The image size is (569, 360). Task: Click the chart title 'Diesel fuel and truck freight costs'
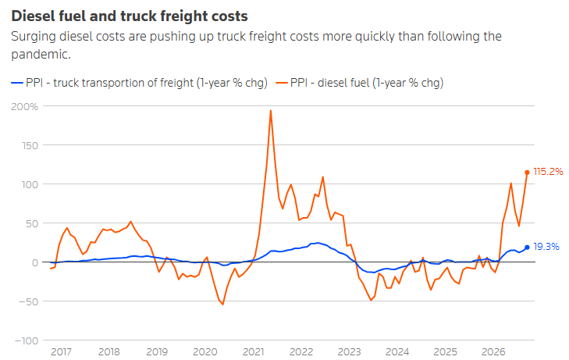[x=130, y=16]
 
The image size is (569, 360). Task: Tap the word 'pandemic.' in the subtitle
[x=41, y=54]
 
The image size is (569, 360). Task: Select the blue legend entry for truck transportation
[x=140, y=83]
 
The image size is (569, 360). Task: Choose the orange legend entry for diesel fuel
[x=360, y=83]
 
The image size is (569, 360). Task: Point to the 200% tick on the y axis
[x=25, y=106]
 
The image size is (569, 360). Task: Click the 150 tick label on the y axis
[x=30, y=145]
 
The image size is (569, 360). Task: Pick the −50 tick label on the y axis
[x=27, y=301]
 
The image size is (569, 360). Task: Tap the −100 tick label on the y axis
[x=27, y=340]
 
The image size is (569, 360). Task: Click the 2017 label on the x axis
[x=61, y=351]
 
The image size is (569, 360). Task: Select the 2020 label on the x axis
[x=205, y=351]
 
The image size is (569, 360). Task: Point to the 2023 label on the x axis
[x=349, y=351]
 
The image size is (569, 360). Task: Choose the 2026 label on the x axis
[x=493, y=351]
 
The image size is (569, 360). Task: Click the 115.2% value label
[x=548, y=172]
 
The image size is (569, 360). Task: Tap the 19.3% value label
[x=546, y=247]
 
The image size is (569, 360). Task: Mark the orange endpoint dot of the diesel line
[x=527, y=173]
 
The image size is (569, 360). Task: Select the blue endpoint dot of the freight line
[x=527, y=247]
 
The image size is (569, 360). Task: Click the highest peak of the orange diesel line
[x=271, y=111]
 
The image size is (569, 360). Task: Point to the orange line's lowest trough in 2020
[x=222, y=304]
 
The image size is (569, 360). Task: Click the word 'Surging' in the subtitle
[x=33, y=37]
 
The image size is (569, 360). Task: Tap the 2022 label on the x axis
[x=301, y=351]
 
